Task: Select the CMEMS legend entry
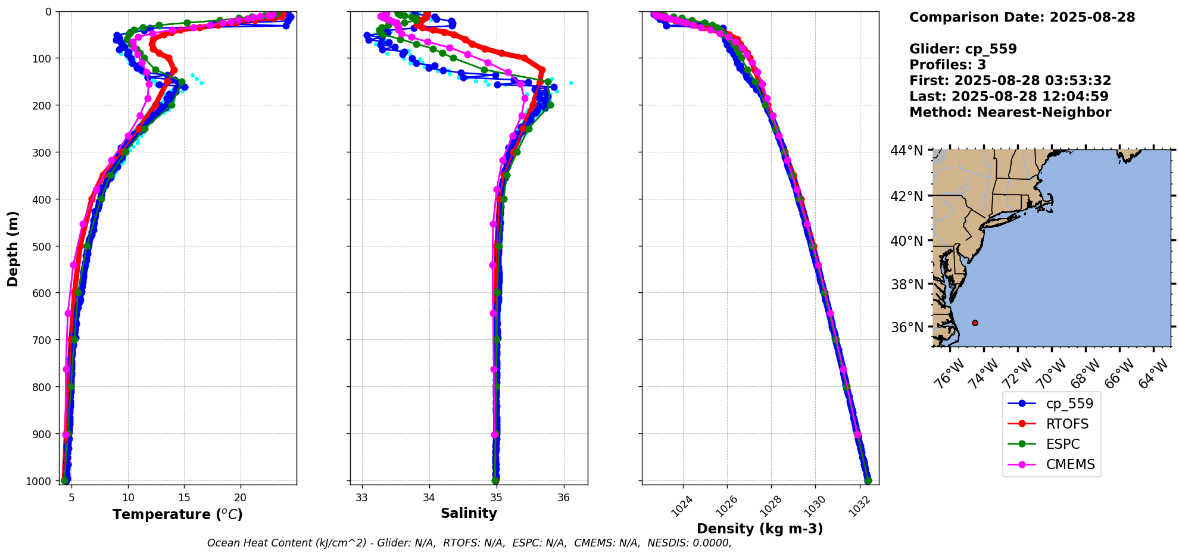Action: (x=1070, y=464)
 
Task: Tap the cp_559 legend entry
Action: (x=1069, y=404)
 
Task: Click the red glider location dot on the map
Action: (x=975, y=323)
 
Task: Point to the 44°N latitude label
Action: (x=907, y=151)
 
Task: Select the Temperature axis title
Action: (x=177, y=514)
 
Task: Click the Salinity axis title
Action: (x=469, y=513)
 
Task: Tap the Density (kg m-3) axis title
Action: (x=760, y=529)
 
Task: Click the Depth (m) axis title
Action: (x=13, y=249)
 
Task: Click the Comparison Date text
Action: (x=1022, y=17)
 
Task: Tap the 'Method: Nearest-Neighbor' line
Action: (x=1010, y=113)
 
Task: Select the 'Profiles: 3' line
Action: (x=947, y=65)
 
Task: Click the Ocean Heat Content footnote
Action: (x=469, y=543)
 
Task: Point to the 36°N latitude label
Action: (x=907, y=327)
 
